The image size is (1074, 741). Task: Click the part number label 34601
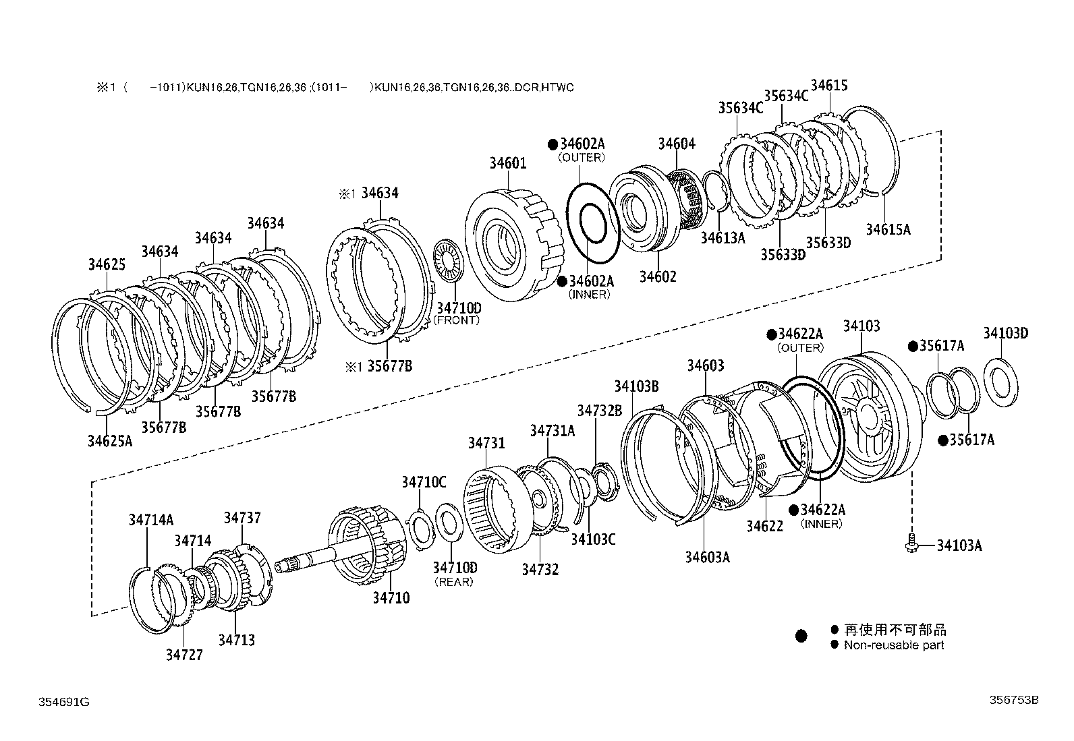coord(508,163)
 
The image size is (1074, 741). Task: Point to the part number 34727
coord(184,655)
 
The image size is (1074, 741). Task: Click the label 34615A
coord(888,229)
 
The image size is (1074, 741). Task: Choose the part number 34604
coord(676,143)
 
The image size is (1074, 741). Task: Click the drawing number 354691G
coord(63,702)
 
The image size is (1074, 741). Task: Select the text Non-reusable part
coord(894,645)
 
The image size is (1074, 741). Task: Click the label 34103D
coord(1005,332)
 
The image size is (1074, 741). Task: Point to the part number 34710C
coord(424,482)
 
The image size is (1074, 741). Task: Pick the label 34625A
coord(109,441)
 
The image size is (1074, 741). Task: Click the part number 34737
coord(242,518)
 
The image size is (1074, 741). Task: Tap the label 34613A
coord(723,237)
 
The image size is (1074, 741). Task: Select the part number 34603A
coord(708,557)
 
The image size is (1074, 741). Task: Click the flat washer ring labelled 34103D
coord(1001,384)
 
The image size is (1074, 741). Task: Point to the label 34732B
coord(599,411)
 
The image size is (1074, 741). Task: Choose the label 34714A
coord(151,519)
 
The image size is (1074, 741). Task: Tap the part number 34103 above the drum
coord(861,326)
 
